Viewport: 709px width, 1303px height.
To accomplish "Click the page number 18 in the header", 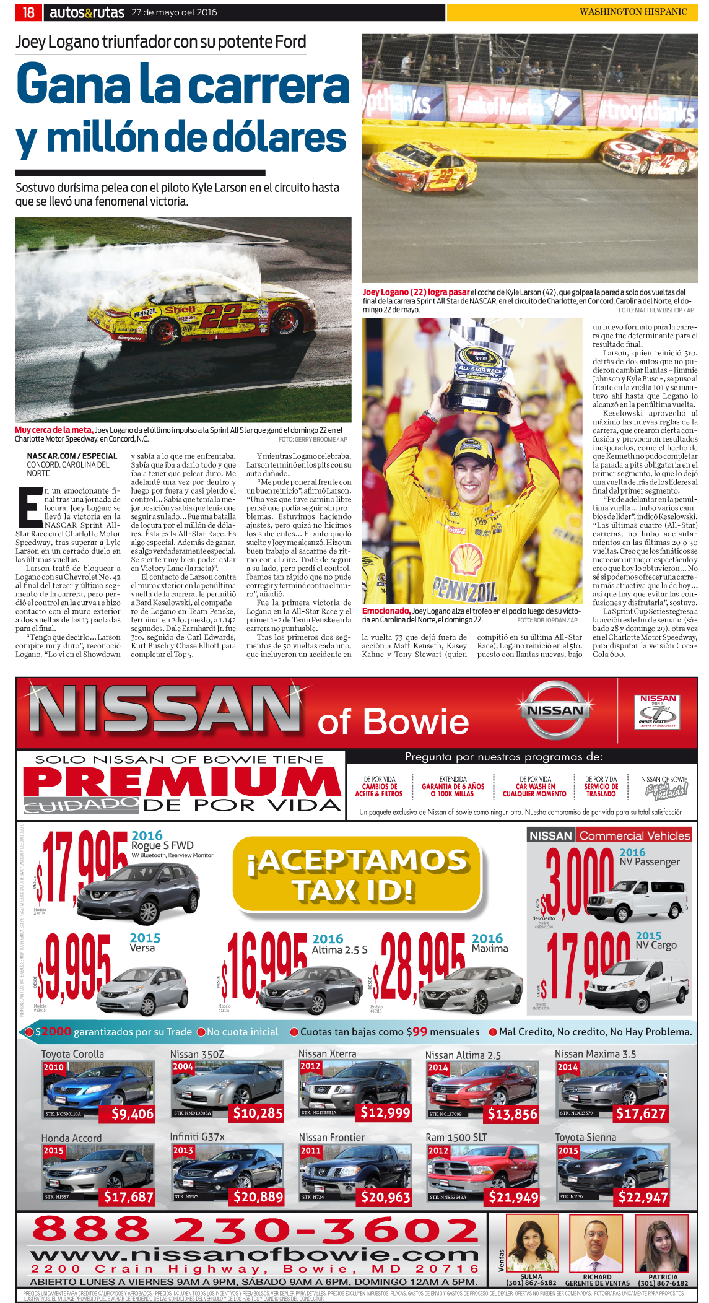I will pyautogui.click(x=28, y=12).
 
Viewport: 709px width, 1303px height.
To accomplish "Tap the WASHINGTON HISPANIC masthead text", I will pyautogui.click(x=633, y=12).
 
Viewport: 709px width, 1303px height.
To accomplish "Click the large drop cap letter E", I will pyautogui.click(x=29, y=507).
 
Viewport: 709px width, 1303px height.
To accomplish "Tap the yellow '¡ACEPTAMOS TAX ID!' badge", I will pyautogui.click(x=357, y=874).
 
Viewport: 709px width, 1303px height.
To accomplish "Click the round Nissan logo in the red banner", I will pyautogui.click(x=554, y=710).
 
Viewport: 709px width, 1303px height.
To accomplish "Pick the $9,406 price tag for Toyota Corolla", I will pyautogui.click(x=133, y=1113).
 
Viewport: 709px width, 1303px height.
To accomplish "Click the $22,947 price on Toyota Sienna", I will pyautogui.click(x=643, y=1197).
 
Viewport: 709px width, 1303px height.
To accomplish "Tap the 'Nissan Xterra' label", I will pyautogui.click(x=327, y=1053).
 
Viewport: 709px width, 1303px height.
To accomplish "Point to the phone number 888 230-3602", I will pyautogui.click(x=255, y=1229).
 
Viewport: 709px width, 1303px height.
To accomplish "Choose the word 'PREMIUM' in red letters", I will pyautogui.click(x=181, y=782).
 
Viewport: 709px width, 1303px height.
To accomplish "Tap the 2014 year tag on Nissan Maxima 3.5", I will pyautogui.click(x=567, y=1067).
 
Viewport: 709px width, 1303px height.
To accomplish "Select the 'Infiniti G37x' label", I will pyautogui.click(x=197, y=1136).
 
